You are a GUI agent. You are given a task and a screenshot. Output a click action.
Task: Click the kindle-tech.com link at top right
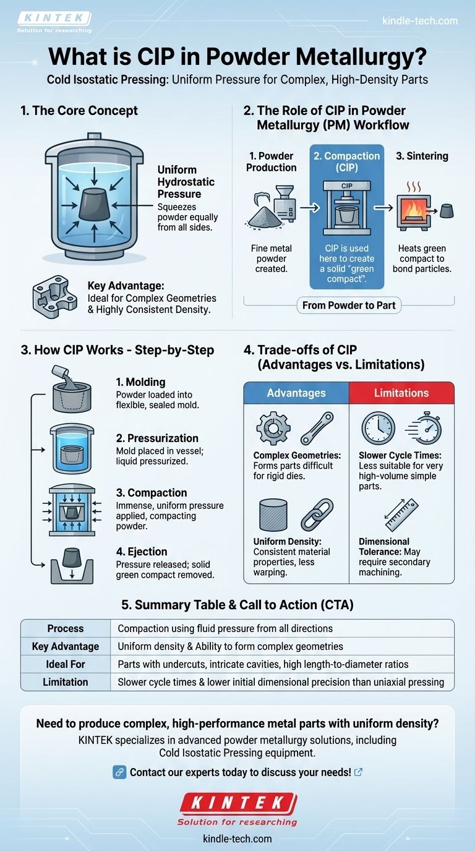coord(421,20)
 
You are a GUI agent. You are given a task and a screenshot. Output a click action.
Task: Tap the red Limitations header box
coord(401,393)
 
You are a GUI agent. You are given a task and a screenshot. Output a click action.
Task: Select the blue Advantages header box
coord(297,393)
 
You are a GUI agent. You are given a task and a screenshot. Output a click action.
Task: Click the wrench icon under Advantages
coord(317,429)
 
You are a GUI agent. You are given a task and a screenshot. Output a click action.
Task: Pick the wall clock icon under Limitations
coord(378,427)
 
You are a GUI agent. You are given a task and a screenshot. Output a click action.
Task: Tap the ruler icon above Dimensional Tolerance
coord(401,515)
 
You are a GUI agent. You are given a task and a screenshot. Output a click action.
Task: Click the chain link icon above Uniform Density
coord(316,515)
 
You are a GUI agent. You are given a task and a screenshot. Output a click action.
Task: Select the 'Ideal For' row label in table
coord(66,664)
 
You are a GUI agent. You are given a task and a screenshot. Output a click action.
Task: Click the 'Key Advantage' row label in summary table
coord(66,646)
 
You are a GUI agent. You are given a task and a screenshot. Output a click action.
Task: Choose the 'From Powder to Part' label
coord(349,306)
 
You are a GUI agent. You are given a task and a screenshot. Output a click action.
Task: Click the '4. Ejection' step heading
coord(142,552)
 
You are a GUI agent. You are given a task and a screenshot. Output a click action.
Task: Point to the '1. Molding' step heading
coord(141,382)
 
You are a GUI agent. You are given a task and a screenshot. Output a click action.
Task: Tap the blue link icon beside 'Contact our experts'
coord(120,772)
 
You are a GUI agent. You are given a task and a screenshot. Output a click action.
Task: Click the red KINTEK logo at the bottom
coord(237,803)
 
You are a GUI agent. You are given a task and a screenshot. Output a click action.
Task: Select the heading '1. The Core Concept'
coord(79,111)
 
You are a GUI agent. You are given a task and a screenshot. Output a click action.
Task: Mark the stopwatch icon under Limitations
coord(424,427)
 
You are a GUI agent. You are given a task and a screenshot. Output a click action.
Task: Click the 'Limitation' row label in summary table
coord(66,682)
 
